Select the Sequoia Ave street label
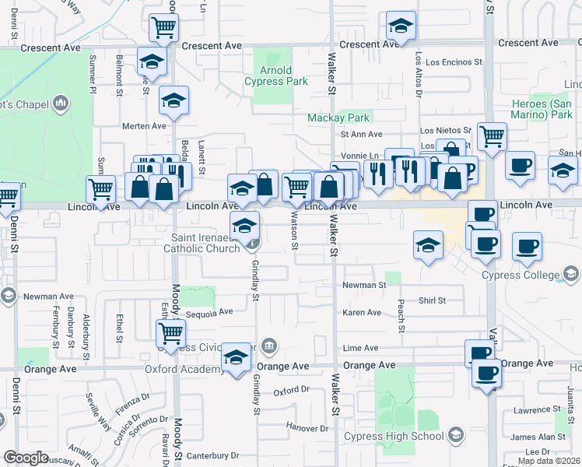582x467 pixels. point(209,312)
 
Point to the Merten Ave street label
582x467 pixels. point(144,125)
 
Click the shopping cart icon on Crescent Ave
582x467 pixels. point(164,28)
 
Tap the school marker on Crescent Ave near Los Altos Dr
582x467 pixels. point(401,28)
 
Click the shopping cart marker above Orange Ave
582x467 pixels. point(170,333)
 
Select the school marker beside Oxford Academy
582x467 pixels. point(235,357)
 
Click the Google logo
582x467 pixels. point(26,458)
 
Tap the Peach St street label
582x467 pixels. point(401,315)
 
